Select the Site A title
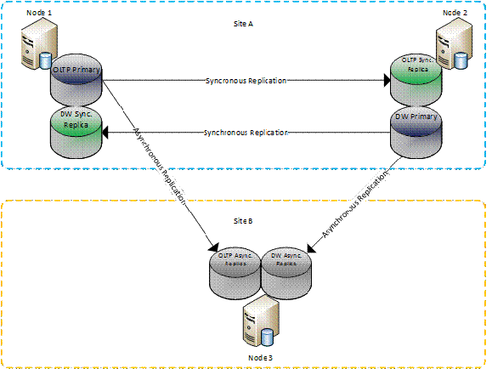click(x=246, y=25)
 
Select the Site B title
click(x=245, y=221)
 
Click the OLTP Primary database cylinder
click(x=76, y=83)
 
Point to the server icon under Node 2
click(x=450, y=48)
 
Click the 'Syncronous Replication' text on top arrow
click(x=246, y=81)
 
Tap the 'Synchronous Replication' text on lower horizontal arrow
click(x=246, y=133)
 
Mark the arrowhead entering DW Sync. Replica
click(x=108, y=133)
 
